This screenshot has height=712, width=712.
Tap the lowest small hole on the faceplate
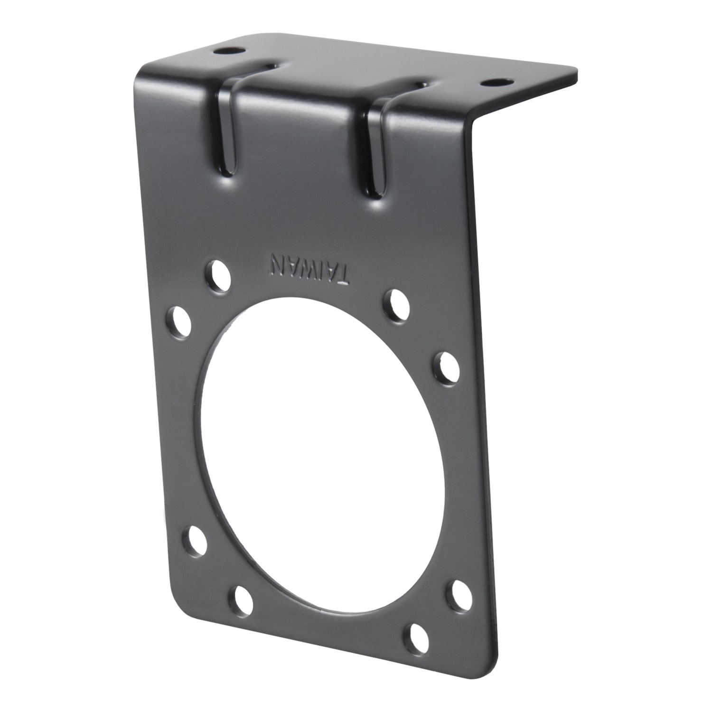[417, 633]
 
